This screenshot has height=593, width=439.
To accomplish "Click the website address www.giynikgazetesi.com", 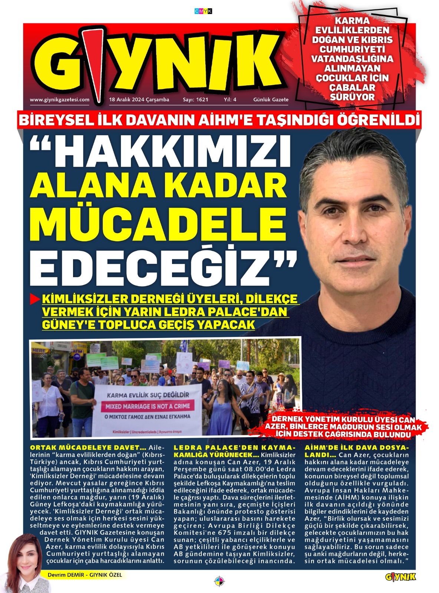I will [x=59, y=99].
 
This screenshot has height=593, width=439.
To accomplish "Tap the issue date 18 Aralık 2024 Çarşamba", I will [x=139, y=99].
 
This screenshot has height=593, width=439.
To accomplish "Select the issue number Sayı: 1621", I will [x=195, y=99].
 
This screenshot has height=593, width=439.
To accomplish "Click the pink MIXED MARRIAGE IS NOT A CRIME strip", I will [x=150, y=406].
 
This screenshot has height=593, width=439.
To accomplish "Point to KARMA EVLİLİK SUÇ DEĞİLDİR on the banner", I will [x=148, y=394].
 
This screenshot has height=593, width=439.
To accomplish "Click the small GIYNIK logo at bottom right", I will [x=400, y=577].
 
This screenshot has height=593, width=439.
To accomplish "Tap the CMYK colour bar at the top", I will [x=203, y=11].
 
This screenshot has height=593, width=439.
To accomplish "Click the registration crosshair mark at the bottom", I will [x=219, y=580].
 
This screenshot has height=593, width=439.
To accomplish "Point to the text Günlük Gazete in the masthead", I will [x=271, y=99].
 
